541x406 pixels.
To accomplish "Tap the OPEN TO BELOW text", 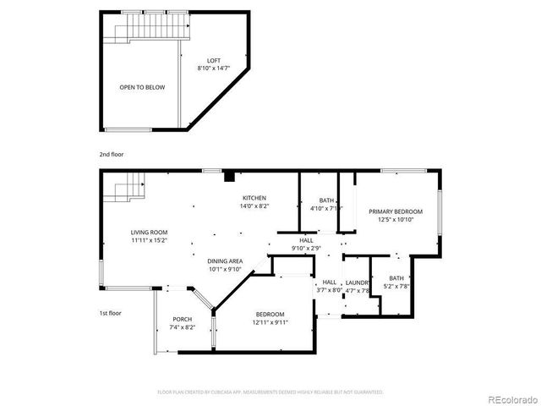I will point(142,87).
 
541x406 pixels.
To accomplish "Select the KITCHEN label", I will point(254,197).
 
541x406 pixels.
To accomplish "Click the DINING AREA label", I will point(226,261).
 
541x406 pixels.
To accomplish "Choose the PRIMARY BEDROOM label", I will point(395,211).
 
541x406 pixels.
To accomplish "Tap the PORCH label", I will point(182,319).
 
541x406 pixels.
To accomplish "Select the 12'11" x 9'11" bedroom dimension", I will point(271,322).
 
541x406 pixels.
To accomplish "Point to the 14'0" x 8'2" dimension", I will point(254,206).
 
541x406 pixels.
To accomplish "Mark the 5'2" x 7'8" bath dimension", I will point(396,286).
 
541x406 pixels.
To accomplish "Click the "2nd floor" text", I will point(111,155).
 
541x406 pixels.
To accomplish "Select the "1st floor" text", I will point(111,313).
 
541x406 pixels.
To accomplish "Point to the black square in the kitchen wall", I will point(229,177).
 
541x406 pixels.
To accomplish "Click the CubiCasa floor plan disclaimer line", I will point(270,392).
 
